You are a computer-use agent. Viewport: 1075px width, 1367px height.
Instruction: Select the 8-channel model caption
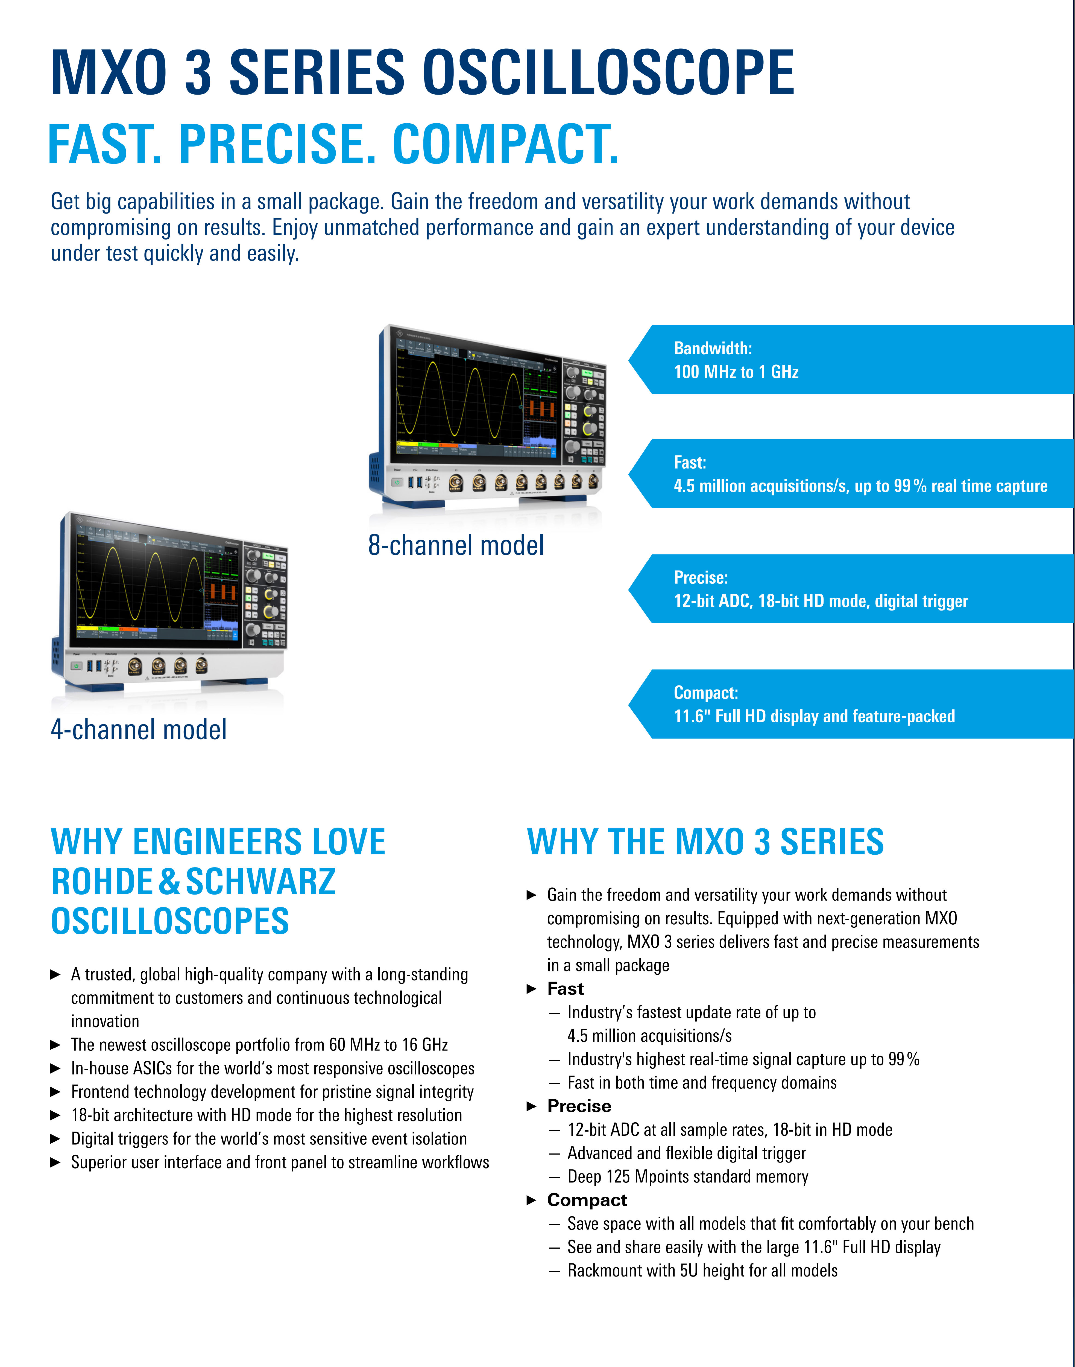click(456, 545)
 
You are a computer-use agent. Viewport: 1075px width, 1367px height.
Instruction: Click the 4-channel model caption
click(139, 729)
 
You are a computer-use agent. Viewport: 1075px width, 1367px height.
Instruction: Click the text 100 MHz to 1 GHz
click(736, 372)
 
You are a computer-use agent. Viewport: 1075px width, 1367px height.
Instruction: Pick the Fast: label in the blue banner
click(690, 463)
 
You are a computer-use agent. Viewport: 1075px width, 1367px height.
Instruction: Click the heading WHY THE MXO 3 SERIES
click(705, 842)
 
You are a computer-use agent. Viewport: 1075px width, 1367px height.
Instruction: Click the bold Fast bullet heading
click(565, 989)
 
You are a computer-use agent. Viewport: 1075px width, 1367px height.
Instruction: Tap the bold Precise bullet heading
click(579, 1106)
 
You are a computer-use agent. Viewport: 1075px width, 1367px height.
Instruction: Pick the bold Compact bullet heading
click(587, 1200)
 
